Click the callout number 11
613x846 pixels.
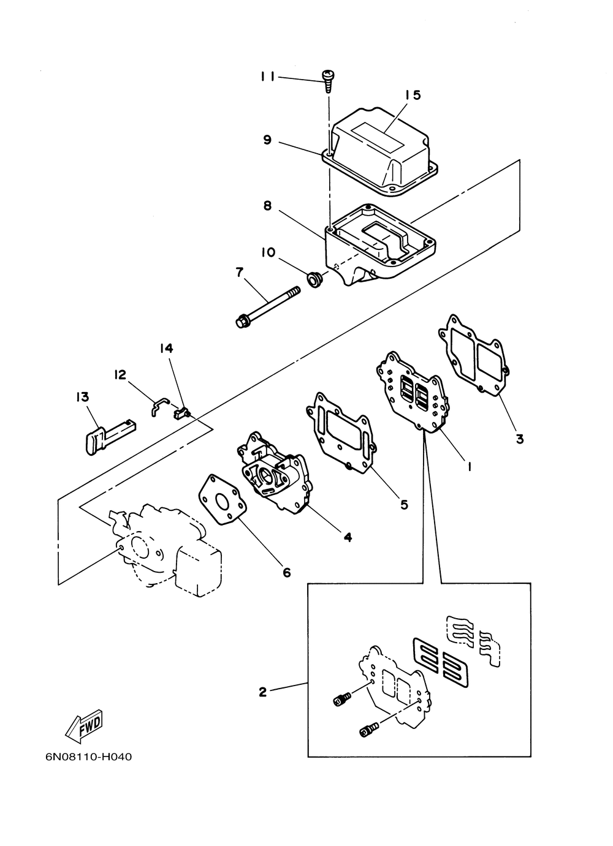pyautogui.click(x=267, y=77)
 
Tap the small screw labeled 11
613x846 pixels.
pyautogui.click(x=327, y=81)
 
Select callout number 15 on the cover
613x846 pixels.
pyautogui.click(x=413, y=95)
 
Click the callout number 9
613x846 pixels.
pyautogui.click(x=267, y=140)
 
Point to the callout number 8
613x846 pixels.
pyautogui.click(x=267, y=206)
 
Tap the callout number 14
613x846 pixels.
pyautogui.click(x=166, y=348)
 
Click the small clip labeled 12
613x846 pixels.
pyautogui.click(x=159, y=406)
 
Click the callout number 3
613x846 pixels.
pyautogui.click(x=520, y=439)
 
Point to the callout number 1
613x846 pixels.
pyautogui.click(x=470, y=467)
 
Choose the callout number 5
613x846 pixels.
pyautogui.click(x=405, y=505)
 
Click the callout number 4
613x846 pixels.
pyautogui.click(x=348, y=537)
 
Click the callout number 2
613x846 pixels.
pyautogui.click(x=262, y=692)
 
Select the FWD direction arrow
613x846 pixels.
pyautogui.click(x=84, y=726)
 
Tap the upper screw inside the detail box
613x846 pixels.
pyautogui.click(x=341, y=699)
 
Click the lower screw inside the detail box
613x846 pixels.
pyautogui.click(x=368, y=730)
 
